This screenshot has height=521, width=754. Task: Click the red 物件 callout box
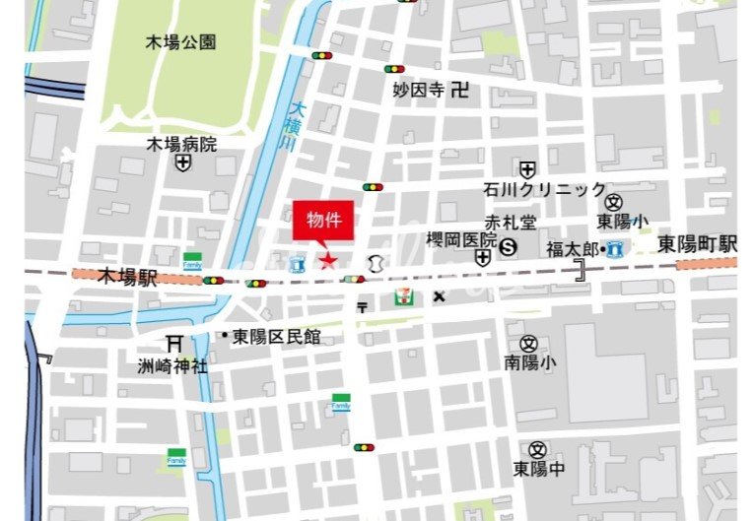323,222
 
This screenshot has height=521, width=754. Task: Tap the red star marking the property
326,260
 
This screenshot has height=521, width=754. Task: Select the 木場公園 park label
180,42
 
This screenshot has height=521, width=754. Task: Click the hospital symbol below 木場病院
182,164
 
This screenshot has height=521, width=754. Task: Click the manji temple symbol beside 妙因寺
458,91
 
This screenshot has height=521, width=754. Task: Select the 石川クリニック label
545,190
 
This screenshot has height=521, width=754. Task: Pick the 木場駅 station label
127,278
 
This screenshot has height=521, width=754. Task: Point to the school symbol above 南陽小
529,344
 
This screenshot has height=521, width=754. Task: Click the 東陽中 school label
538,469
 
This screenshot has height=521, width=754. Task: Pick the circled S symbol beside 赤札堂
509,246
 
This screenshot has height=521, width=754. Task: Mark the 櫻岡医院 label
461,239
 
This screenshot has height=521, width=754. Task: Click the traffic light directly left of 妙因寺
394,69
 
